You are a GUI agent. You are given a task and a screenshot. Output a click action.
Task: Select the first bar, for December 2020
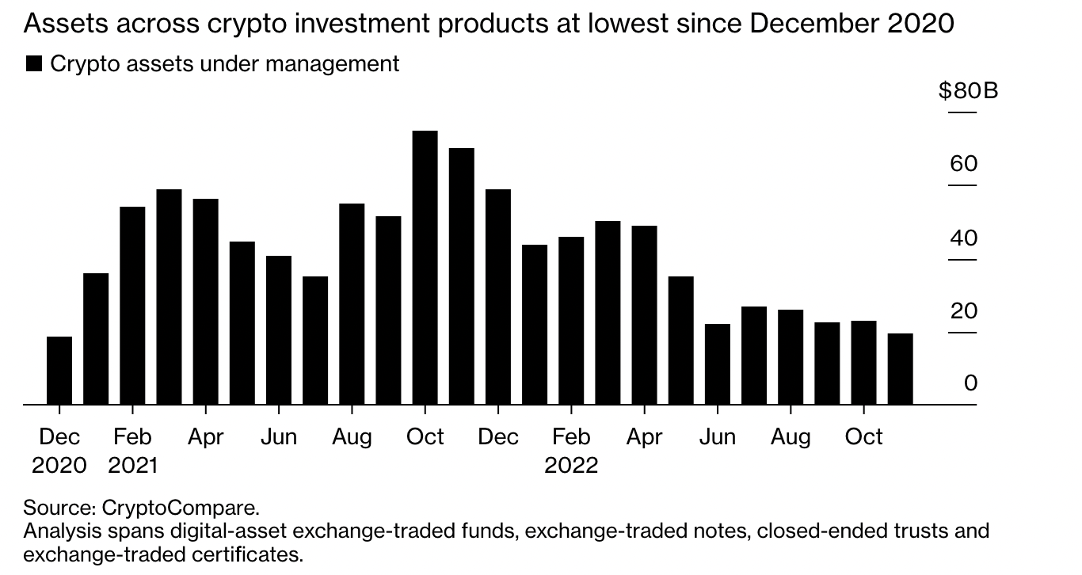pyautogui.click(x=59, y=370)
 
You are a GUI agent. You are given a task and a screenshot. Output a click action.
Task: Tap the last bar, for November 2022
pyautogui.click(x=901, y=368)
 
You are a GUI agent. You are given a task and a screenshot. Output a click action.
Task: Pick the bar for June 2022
pyautogui.click(x=718, y=364)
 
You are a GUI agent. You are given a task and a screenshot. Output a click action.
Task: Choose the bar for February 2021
pyautogui.click(x=132, y=305)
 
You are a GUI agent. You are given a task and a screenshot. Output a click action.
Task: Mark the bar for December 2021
pyautogui.click(x=498, y=296)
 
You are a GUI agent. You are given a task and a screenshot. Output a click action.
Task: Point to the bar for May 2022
pyautogui.click(x=681, y=340)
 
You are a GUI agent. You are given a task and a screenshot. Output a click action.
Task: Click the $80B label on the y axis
pyautogui.click(x=968, y=91)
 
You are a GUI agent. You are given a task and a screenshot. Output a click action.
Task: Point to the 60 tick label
pyautogui.click(x=964, y=164)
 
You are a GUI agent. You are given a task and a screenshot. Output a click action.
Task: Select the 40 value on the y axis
pyautogui.click(x=964, y=238)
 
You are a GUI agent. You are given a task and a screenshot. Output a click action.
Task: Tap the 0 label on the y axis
pyautogui.click(x=971, y=383)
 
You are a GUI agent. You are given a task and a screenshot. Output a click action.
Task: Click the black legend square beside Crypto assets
pyautogui.click(x=34, y=64)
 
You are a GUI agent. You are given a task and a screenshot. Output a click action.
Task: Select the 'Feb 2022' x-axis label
pyautogui.click(x=571, y=450)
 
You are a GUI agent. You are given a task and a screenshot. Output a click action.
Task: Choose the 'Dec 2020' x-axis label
pyautogui.click(x=59, y=450)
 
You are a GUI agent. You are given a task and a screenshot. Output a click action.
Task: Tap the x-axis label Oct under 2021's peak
pyautogui.click(x=425, y=437)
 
